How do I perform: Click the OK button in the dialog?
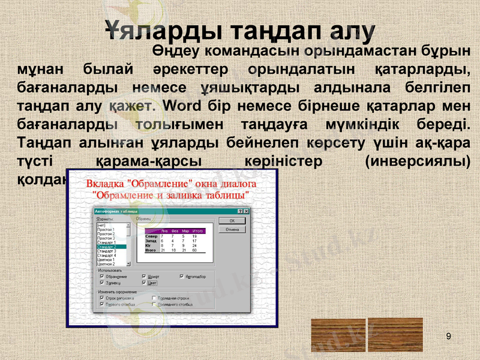tap(233, 221)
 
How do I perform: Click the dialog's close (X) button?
tap(247, 211)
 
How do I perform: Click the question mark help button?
tap(240, 211)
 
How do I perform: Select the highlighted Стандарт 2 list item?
tap(111, 247)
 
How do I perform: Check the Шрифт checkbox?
tap(144, 277)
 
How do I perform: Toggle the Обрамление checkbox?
tap(102, 277)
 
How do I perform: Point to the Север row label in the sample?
tap(151, 236)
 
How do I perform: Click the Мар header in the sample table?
tap(185, 231)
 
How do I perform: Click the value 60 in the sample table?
tap(194, 250)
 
